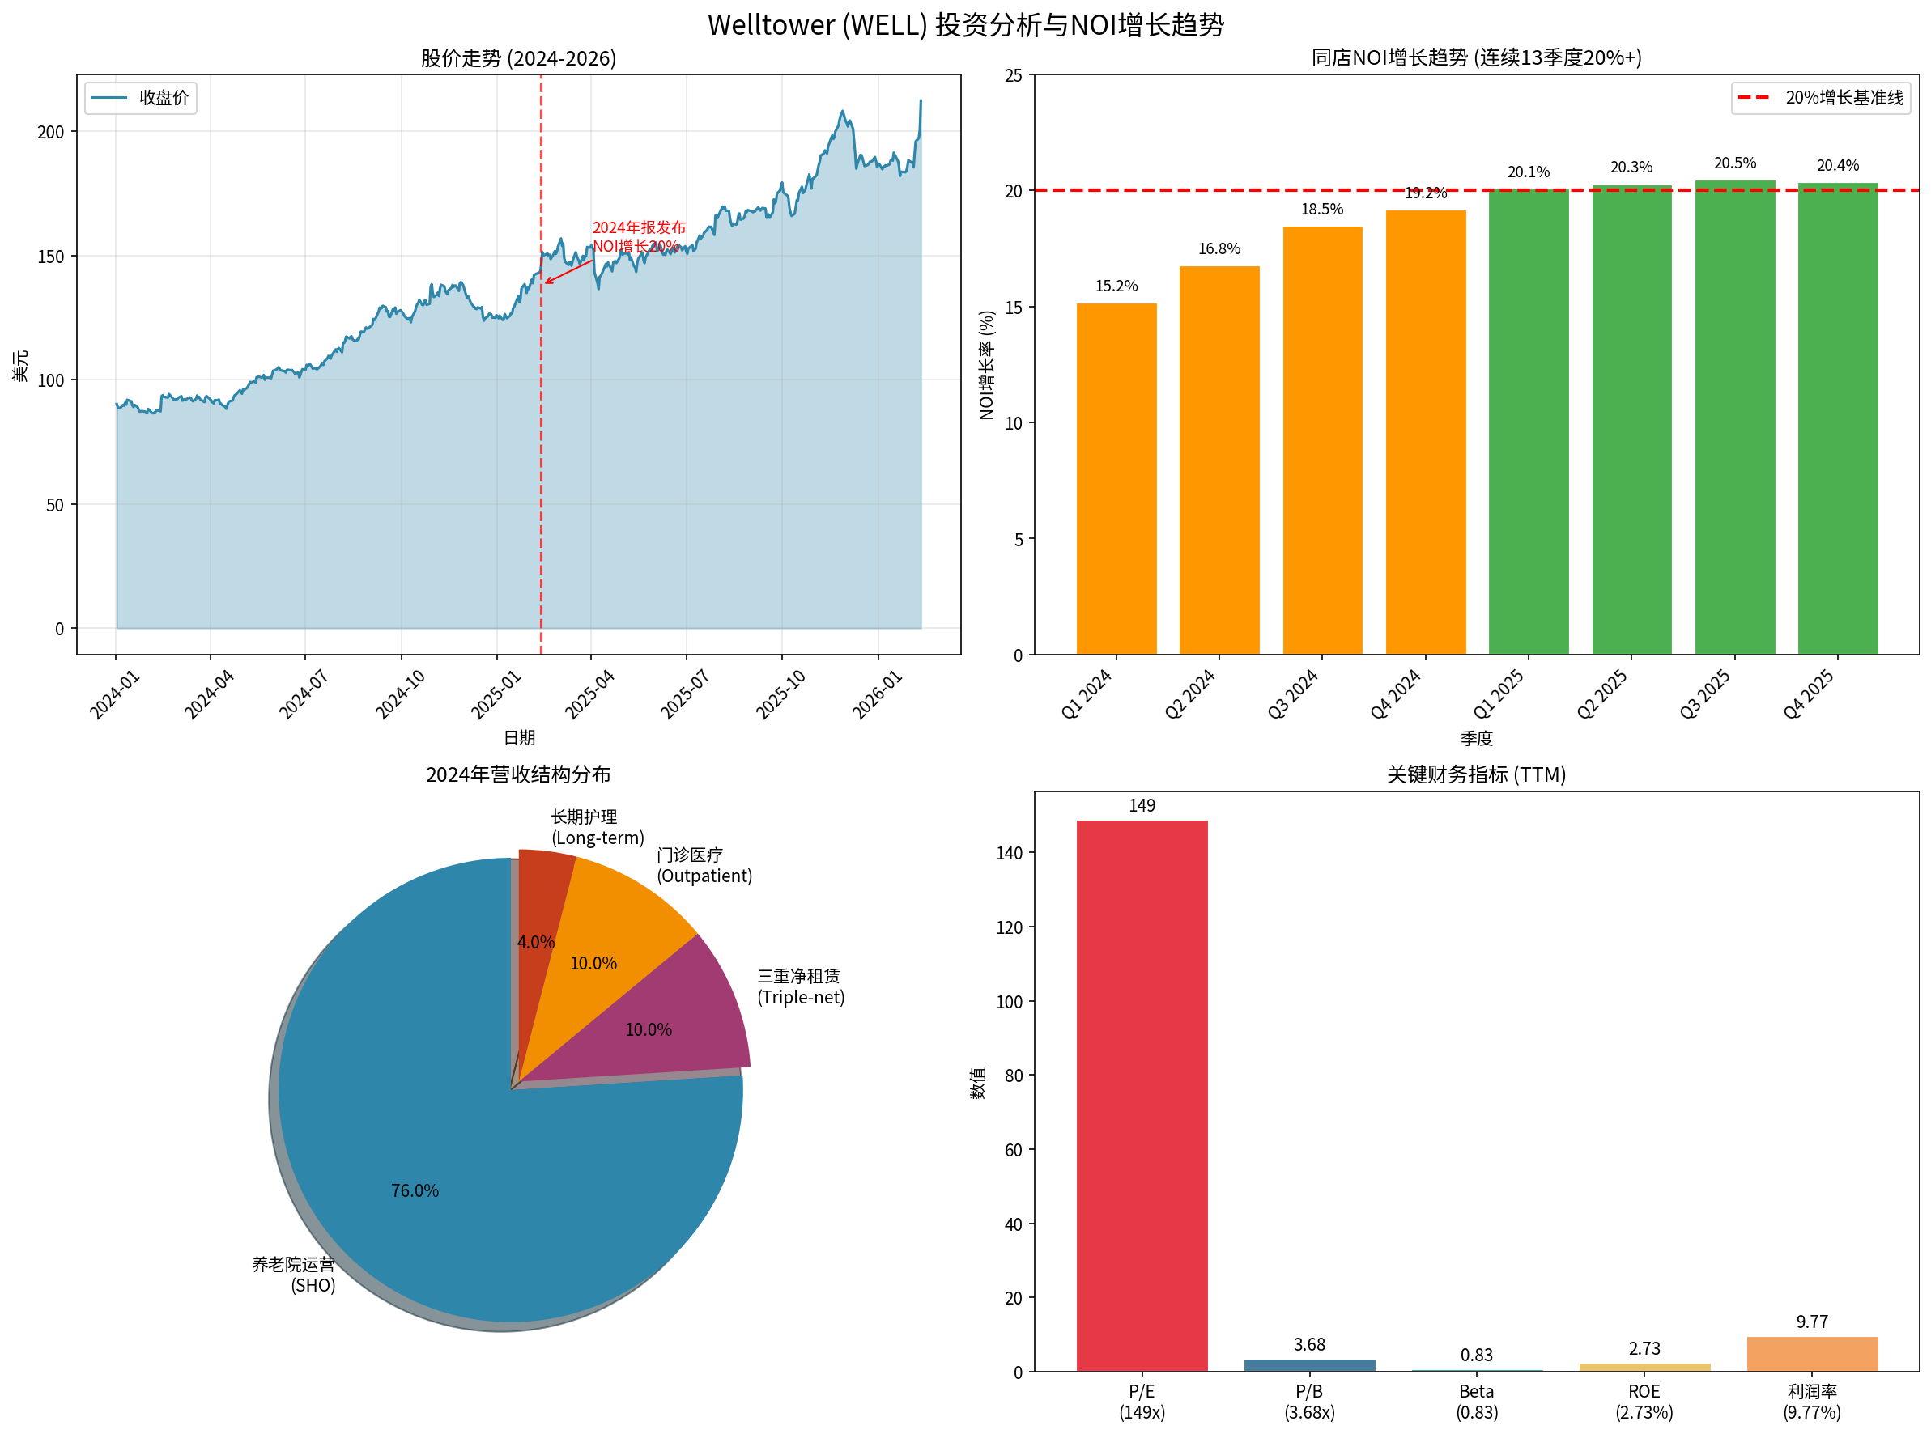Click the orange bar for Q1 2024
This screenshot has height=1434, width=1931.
pos(1116,478)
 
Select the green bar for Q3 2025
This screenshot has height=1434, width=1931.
pos(1734,417)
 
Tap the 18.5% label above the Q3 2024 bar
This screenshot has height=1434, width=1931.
pos(1321,210)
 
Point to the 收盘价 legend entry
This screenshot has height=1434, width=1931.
pos(142,98)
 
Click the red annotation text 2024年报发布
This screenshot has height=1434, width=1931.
pos(638,227)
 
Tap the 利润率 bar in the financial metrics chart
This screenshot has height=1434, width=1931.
pos(1811,1353)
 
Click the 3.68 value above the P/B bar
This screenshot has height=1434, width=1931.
pos(1308,1345)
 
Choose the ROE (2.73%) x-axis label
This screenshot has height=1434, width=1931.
pos(1644,1401)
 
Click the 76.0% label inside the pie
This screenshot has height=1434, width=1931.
pos(415,1190)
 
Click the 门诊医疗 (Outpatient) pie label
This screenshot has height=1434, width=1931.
pos(704,865)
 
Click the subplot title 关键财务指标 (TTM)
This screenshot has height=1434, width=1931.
pos(1475,774)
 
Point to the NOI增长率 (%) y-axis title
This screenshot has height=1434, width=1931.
pos(985,365)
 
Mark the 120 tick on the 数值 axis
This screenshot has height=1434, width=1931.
pos(1009,927)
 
